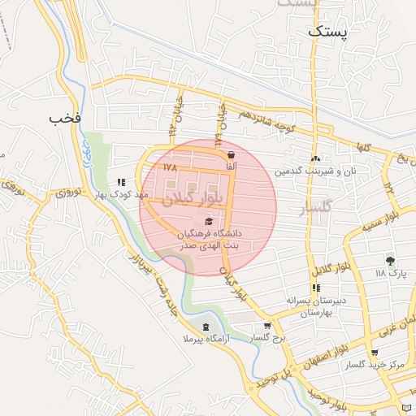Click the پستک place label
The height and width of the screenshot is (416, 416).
[x=328, y=32]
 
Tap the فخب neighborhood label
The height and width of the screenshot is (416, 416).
[x=65, y=118]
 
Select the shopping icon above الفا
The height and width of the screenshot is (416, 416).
[x=232, y=154]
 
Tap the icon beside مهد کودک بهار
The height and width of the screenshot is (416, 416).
[x=121, y=183]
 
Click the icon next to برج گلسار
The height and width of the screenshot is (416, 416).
[x=267, y=326]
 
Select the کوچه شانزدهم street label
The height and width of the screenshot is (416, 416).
[x=264, y=120]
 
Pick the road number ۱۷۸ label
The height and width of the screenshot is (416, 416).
[x=169, y=167]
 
